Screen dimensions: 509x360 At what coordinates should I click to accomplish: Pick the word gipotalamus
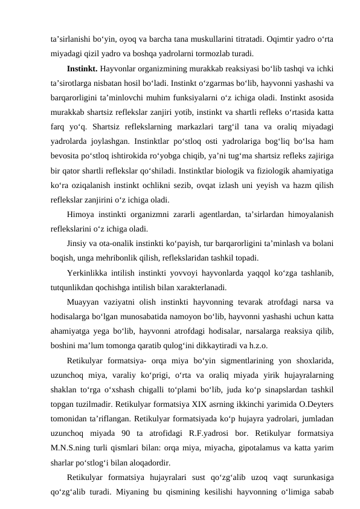click(253, 445)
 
